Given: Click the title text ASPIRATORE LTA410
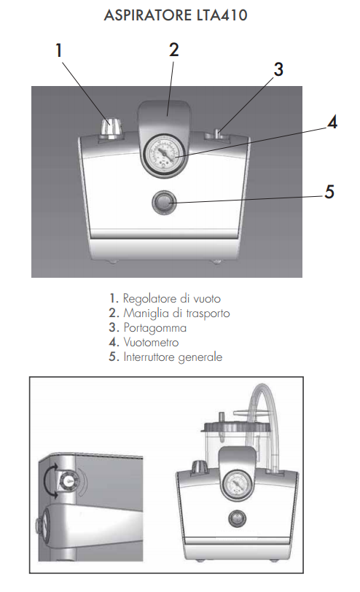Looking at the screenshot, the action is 176,15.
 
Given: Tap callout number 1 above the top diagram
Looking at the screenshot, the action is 58,50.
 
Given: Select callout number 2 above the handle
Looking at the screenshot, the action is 173,50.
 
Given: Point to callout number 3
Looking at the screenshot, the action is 278,69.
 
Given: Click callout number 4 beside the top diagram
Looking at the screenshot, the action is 332,122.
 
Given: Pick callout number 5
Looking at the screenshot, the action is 329,192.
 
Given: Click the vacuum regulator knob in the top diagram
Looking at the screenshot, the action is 111,129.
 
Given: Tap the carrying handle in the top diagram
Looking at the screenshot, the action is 165,110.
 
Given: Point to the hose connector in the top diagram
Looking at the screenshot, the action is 218,135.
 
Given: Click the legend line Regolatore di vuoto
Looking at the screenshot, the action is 165,298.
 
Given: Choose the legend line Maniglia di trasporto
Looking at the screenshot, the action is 169,313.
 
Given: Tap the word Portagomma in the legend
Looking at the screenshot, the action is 155,328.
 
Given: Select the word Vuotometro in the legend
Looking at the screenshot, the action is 152,342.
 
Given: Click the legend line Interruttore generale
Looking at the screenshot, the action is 165,357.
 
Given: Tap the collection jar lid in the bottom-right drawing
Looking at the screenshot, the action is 236,426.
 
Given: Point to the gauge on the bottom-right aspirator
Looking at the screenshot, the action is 238,484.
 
